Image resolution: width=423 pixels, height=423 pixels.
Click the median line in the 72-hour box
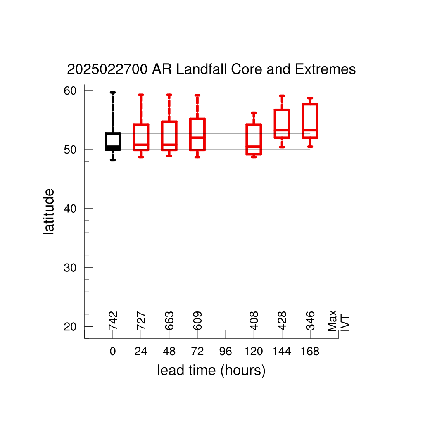click(x=197, y=138)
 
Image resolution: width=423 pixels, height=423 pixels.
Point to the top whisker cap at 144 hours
click(x=282, y=95)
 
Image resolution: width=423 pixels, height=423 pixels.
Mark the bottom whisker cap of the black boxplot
click(x=113, y=160)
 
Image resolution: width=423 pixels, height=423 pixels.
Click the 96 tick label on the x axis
click(x=226, y=352)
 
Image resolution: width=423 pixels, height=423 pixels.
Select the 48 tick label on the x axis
click(x=169, y=352)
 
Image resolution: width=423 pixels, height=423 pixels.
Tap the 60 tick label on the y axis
click(x=70, y=91)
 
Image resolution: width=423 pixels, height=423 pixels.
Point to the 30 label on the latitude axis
click(x=70, y=268)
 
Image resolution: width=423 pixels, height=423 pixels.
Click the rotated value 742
click(x=113, y=321)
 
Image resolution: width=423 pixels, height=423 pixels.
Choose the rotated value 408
click(x=254, y=321)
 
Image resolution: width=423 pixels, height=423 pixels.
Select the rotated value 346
click(x=311, y=321)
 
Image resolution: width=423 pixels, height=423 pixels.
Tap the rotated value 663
click(x=169, y=321)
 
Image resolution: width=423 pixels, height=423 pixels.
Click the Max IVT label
click(x=339, y=321)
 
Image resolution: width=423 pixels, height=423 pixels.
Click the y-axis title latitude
click(x=49, y=211)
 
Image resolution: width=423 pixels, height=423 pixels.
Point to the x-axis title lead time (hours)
click(x=211, y=371)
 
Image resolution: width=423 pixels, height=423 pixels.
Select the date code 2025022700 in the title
click(x=107, y=69)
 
